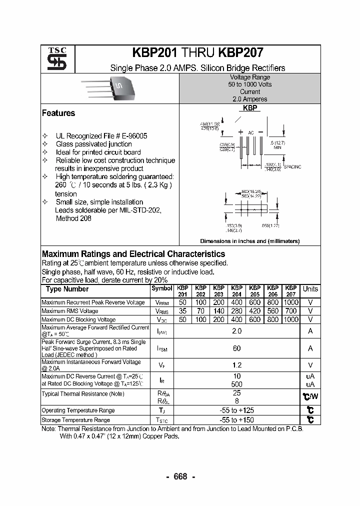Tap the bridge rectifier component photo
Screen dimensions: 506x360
pyautogui.click(x=115, y=87)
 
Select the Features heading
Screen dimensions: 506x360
pyautogui.click(x=58, y=113)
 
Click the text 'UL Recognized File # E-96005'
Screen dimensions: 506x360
pyautogui.click(x=101, y=136)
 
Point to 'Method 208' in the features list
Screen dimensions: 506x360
pyautogui.click(x=73, y=218)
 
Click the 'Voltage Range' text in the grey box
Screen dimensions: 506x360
pyautogui.click(x=249, y=77)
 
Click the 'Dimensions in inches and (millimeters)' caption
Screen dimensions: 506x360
pyautogui.click(x=249, y=241)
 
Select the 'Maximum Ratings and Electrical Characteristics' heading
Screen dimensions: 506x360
pyautogui.click(x=133, y=254)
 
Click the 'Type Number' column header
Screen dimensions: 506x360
pyautogui.click(x=67, y=289)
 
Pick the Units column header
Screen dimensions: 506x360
pyautogui.click(x=310, y=289)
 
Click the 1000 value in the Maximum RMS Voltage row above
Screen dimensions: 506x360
pyautogui.click(x=290, y=302)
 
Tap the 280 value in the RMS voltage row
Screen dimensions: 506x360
pyautogui.click(x=236, y=311)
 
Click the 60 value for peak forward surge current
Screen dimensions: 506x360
pyautogui.click(x=237, y=348)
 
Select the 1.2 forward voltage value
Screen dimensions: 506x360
pyautogui.click(x=237, y=365)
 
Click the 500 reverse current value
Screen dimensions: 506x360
pyautogui.click(x=237, y=384)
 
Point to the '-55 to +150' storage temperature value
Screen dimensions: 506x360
pyautogui.click(x=237, y=420)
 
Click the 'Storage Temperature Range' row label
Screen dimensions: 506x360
pyautogui.click(x=75, y=420)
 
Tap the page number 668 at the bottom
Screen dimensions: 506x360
pyautogui.click(x=180, y=476)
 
